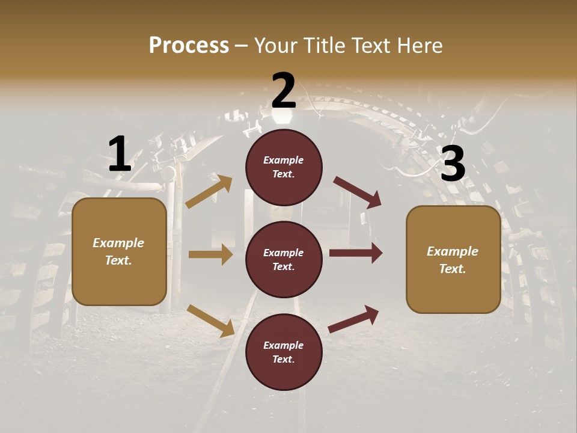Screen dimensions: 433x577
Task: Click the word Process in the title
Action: pos(189,45)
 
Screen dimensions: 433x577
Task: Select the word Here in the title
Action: pos(420,45)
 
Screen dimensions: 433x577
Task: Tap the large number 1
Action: pos(119,155)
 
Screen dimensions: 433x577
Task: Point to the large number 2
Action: pos(284,90)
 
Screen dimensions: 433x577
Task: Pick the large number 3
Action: pos(453,164)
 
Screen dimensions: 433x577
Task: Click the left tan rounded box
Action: pos(119,251)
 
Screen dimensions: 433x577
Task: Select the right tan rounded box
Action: pos(453,260)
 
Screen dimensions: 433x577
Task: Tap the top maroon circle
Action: pos(284,167)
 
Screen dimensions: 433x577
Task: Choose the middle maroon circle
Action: pos(284,260)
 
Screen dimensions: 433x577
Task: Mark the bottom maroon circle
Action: pos(284,352)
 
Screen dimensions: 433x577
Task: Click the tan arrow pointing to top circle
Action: pos(209,192)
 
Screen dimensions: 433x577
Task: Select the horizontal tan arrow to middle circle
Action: pos(210,254)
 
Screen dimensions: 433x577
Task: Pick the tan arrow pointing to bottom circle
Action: pos(211,321)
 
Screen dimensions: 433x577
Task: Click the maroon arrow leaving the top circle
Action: pos(358,192)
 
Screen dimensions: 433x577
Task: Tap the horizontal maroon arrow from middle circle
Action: pos(356,253)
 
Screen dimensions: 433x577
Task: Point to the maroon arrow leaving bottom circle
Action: pos(354,319)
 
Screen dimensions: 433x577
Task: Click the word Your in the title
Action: pos(274,45)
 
